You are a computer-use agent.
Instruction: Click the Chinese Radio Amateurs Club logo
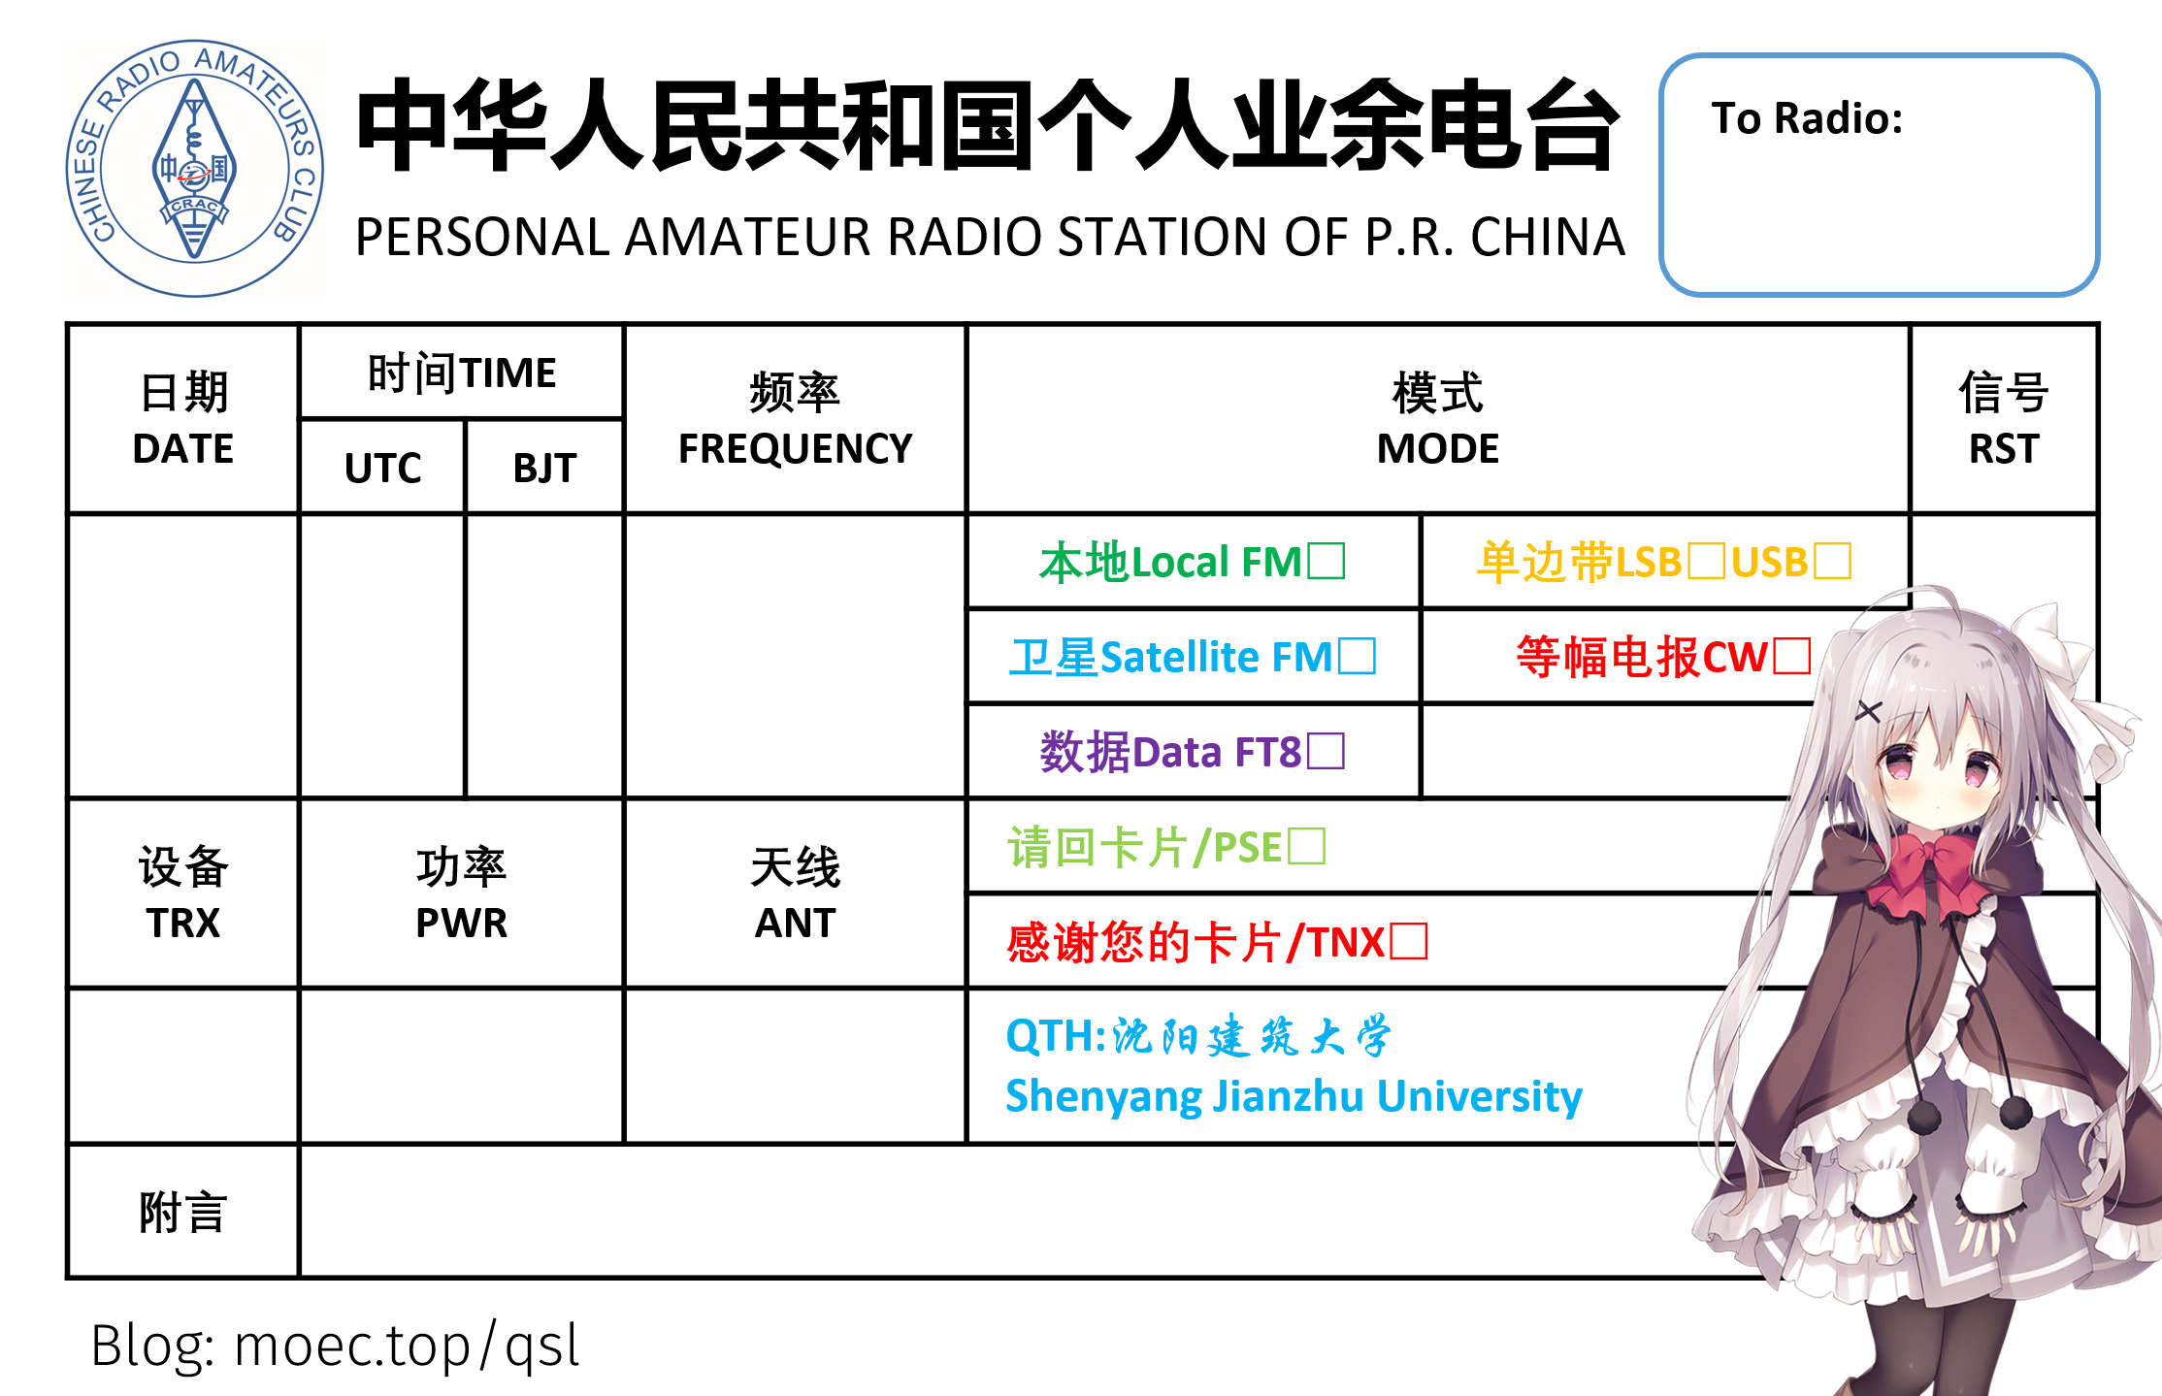coord(195,169)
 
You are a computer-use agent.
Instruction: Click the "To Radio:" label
coord(1807,118)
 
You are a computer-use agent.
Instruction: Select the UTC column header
coord(382,468)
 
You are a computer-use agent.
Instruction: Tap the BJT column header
coord(544,468)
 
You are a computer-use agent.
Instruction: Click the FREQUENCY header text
coord(795,448)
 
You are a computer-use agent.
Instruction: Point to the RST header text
coord(2004,448)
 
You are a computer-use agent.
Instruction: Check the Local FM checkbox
coord(1326,561)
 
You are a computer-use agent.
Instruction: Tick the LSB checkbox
coord(1706,561)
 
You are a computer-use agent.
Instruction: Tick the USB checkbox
coord(1832,561)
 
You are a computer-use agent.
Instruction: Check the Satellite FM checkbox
coord(1357,656)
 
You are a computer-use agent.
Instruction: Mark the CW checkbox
coord(1791,656)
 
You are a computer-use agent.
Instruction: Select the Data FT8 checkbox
coord(1326,751)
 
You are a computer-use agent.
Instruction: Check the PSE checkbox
coord(1306,846)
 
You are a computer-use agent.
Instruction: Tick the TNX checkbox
coord(1408,941)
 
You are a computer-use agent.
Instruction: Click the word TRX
coord(183,923)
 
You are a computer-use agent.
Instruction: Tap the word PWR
coord(461,923)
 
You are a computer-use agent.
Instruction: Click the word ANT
coord(795,923)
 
